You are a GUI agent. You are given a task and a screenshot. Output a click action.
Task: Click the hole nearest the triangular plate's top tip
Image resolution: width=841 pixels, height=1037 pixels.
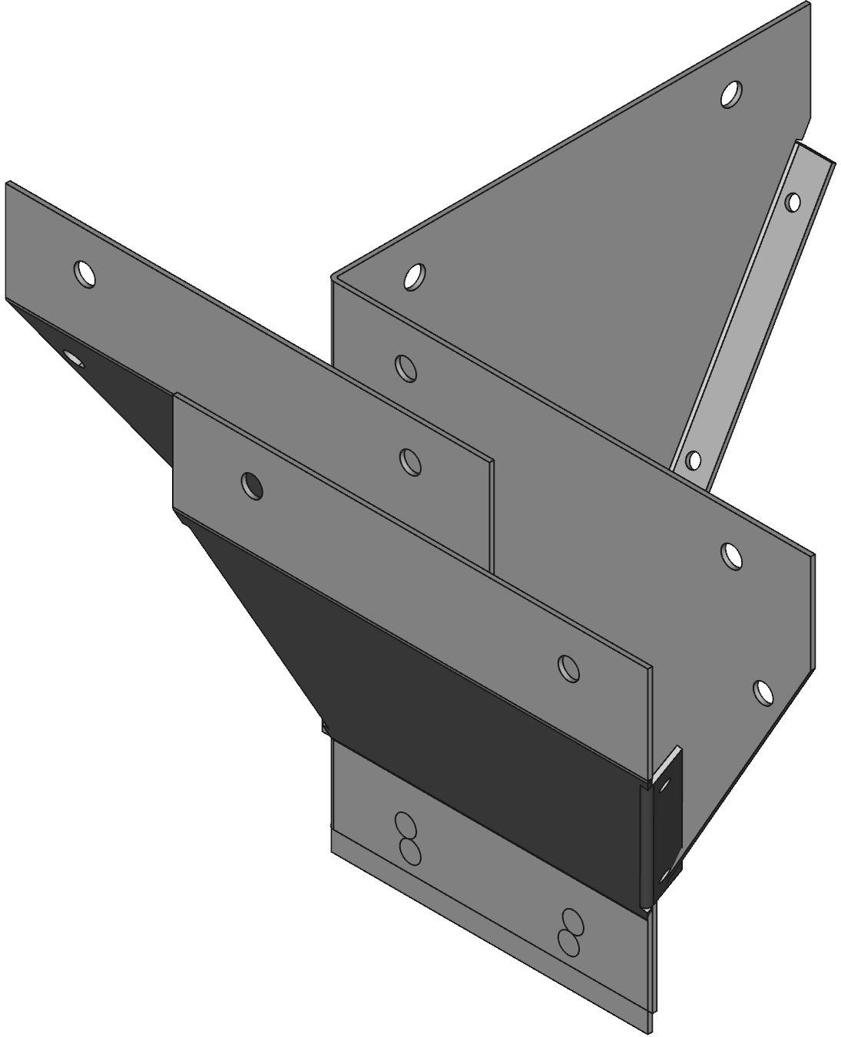pyautogui.click(x=731, y=94)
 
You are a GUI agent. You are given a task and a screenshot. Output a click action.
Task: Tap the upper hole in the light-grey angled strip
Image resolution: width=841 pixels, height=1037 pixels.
pyautogui.click(x=793, y=203)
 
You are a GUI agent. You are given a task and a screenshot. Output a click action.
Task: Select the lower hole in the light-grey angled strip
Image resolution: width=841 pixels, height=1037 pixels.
pyautogui.click(x=693, y=461)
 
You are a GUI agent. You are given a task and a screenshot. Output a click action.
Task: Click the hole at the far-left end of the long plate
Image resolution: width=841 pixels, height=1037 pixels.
pyautogui.click(x=84, y=272)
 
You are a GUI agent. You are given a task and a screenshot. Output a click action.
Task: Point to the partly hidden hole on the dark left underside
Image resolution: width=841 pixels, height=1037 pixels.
pyautogui.click(x=74, y=358)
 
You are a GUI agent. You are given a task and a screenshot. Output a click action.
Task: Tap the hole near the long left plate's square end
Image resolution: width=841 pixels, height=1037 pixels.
pyautogui.click(x=411, y=461)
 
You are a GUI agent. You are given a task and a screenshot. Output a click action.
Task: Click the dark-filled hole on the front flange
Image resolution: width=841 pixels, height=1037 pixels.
pyautogui.click(x=251, y=485)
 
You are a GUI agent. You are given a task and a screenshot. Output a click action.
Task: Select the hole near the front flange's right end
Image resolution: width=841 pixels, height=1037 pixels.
pyautogui.click(x=569, y=667)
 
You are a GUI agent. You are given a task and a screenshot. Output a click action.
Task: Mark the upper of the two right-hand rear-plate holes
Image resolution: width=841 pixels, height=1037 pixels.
pyautogui.click(x=732, y=554)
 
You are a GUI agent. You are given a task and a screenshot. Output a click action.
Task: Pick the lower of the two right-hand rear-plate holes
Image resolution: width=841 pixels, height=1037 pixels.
pyautogui.click(x=763, y=692)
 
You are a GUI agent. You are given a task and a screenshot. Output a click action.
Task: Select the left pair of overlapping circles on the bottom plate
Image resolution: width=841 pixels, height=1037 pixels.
pyautogui.click(x=406, y=837)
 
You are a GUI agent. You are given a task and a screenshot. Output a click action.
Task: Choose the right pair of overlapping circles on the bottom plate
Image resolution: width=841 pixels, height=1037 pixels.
pyautogui.click(x=571, y=932)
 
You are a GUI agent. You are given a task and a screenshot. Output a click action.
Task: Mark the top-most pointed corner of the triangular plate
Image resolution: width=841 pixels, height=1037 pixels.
pyautogui.click(x=808, y=4)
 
